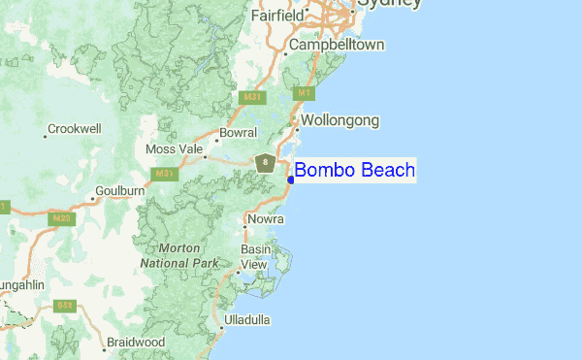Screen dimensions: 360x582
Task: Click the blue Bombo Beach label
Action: tap(355, 171)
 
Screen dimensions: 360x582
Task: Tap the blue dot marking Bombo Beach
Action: tap(291, 180)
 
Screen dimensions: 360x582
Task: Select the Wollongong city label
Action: tap(339, 120)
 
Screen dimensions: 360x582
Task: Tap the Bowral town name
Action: tap(239, 132)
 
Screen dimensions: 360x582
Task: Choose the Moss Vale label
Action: tap(174, 149)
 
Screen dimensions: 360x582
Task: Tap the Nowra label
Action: tap(265, 219)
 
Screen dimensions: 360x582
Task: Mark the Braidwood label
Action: tap(136, 342)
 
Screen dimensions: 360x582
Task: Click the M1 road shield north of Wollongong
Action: tap(304, 92)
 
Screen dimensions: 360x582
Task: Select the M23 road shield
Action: tap(61, 219)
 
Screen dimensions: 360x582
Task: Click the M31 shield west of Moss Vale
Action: tap(163, 174)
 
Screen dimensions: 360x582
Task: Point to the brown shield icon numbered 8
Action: tap(265, 163)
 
